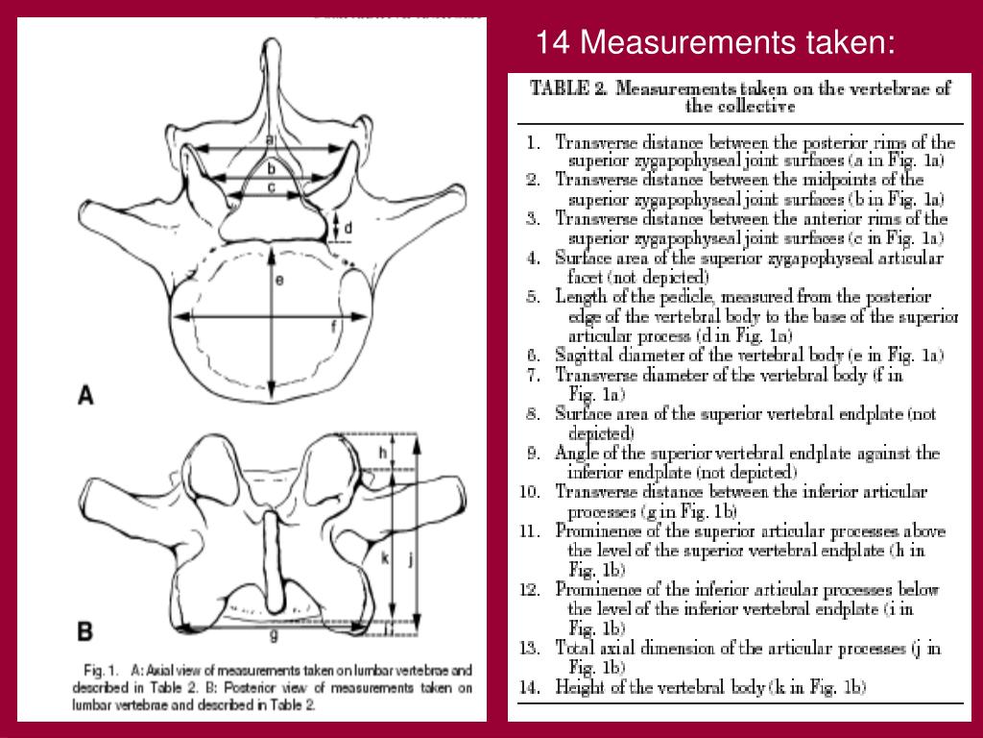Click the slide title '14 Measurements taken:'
tap(715, 42)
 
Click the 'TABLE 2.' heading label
tap(569, 88)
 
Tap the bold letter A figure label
tap(85, 394)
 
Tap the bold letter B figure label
tap(85, 631)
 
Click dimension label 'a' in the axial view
tap(271, 140)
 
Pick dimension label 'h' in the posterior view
tap(382, 452)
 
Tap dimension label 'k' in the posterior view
tap(385, 558)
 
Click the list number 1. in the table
tap(533, 142)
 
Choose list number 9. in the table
tap(532, 453)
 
